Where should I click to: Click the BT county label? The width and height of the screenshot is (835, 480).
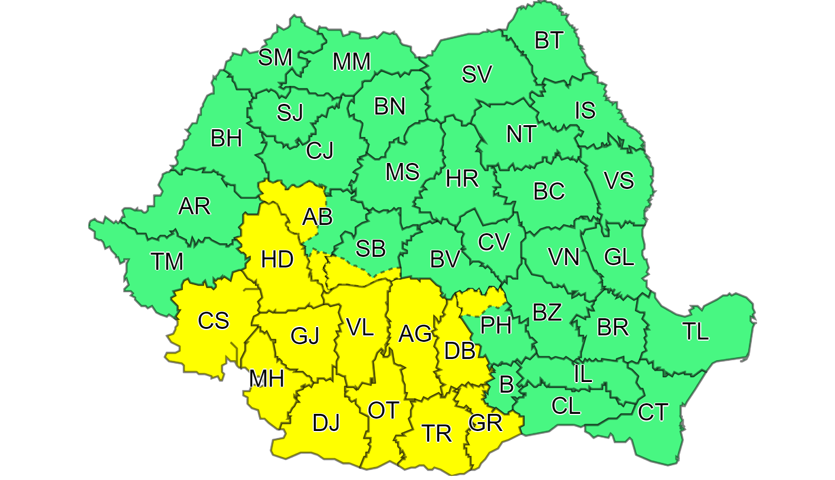(x=549, y=41)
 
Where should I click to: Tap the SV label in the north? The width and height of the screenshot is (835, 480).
(x=476, y=75)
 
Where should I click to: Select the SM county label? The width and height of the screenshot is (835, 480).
(x=276, y=58)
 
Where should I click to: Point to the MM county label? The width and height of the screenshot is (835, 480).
(x=351, y=62)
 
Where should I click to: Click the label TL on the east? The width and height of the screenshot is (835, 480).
(x=696, y=332)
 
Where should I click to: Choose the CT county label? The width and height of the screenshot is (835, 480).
(x=653, y=412)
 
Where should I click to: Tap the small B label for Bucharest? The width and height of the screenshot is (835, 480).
(x=506, y=385)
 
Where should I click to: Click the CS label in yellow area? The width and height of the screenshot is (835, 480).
(x=213, y=321)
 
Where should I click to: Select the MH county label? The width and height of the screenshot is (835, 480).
(x=267, y=378)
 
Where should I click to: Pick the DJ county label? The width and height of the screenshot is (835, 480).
(x=326, y=423)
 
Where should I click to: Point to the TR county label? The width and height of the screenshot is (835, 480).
(x=437, y=433)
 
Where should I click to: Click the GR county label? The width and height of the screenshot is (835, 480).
(x=485, y=423)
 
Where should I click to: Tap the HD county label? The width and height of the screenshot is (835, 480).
(x=277, y=260)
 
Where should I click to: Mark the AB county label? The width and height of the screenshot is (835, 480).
(x=317, y=217)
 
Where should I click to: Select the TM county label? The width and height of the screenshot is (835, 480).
(x=166, y=261)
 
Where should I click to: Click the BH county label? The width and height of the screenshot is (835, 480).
(x=226, y=139)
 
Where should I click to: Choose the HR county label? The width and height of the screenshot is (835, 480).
(x=462, y=178)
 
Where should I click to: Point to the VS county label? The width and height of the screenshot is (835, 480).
(x=619, y=181)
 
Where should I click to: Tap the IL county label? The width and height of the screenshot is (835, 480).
(x=582, y=374)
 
